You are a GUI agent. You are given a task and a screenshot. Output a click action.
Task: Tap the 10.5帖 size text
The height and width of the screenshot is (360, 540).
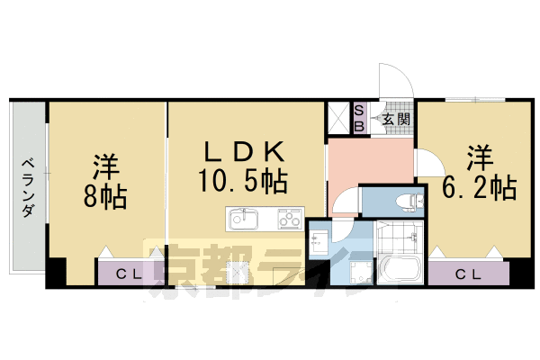tap(243, 182)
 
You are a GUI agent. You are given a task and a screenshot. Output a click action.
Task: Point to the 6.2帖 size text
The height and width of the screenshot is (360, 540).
tap(479, 188)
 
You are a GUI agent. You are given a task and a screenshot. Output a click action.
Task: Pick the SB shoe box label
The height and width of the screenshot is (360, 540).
tap(357, 118)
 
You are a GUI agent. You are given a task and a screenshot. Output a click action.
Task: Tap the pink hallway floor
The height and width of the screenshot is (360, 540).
tap(357, 162)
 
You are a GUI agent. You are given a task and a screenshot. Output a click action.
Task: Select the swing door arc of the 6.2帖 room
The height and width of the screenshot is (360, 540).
tap(427, 164)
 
